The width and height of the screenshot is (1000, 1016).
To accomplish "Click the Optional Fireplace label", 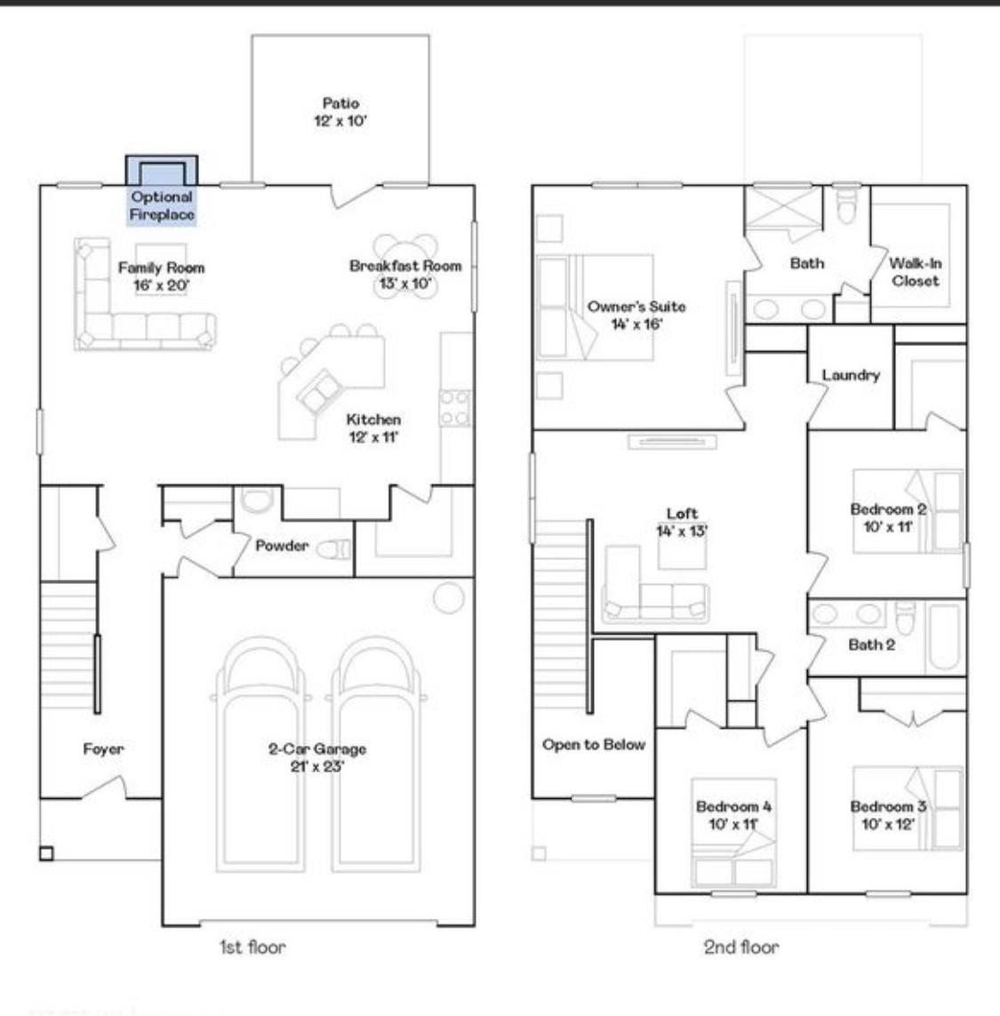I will pyautogui.click(x=162, y=206).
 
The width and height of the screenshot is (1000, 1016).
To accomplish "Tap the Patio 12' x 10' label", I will pyautogui.click(x=340, y=113).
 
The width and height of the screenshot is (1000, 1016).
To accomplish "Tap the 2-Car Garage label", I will pyautogui.click(x=317, y=749).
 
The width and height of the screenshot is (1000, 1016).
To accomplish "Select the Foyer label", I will pyautogui.click(x=103, y=749).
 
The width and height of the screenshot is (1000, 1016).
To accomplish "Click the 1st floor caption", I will pyautogui.click(x=252, y=948).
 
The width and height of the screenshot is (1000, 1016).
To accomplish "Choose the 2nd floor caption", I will pyautogui.click(x=740, y=948).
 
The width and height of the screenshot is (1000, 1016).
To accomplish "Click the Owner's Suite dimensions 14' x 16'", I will pyautogui.click(x=636, y=324).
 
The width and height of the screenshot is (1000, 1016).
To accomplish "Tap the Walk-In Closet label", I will pyautogui.click(x=915, y=272).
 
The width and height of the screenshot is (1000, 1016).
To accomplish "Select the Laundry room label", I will pyautogui.click(x=851, y=375).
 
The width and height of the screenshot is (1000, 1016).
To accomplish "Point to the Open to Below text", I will pyautogui.click(x=593, y=745).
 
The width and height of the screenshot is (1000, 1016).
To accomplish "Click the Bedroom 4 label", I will pyautogui.click(x=733, y=806).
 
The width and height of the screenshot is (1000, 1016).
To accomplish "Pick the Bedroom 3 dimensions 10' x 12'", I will pyautogui.click(x=888, y=823).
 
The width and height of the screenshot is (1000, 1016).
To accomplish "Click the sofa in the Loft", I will pyautogui.click(x=655, y=602).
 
